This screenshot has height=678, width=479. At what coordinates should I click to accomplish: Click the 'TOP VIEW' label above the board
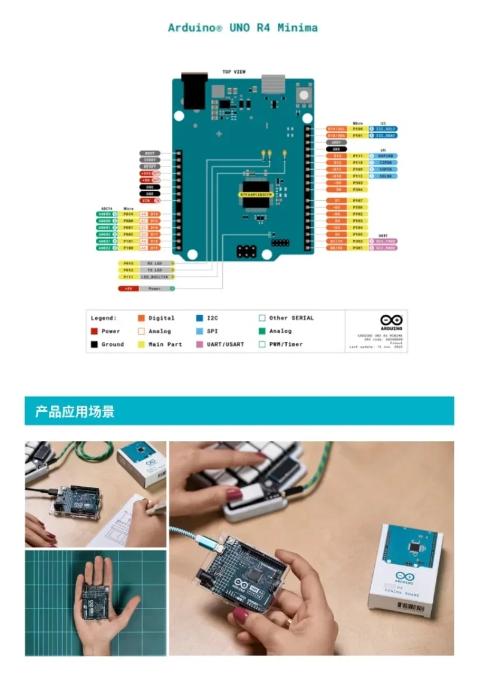point(234,72)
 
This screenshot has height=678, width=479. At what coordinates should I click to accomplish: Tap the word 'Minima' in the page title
point(298,28)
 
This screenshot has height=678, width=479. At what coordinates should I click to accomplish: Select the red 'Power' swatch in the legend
point(94,332)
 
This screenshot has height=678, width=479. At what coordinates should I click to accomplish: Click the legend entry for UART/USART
point(220,345)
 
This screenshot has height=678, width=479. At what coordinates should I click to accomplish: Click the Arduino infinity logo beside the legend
point(391,321)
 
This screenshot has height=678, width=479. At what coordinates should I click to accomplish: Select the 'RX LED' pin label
point(154,263)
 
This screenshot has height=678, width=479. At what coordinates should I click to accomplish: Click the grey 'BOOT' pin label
point(150,153)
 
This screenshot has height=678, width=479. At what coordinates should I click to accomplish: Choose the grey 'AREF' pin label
point(336,142)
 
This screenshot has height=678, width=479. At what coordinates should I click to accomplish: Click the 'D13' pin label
point(337,156)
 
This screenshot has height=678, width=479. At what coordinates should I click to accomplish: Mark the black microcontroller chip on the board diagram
point(256,194)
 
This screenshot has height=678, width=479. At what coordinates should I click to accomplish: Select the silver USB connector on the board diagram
point(272,84)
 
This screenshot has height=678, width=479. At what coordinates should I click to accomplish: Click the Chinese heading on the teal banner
point(75,412)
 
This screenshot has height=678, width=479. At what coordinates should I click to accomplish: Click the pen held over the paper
point(154,508)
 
